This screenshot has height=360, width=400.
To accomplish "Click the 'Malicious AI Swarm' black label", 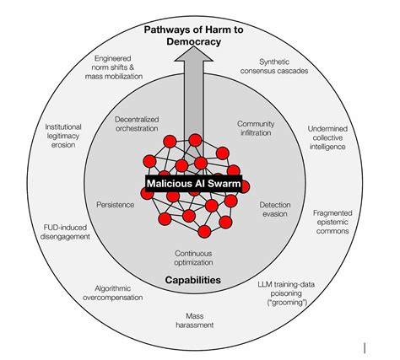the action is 193,184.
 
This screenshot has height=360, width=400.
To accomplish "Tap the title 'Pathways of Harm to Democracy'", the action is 193,35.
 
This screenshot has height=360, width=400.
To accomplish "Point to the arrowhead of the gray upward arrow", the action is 193,54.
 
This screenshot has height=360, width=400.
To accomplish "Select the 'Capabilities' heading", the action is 193,280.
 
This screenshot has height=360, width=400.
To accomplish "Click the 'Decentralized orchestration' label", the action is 137,124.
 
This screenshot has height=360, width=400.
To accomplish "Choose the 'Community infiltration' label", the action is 256,128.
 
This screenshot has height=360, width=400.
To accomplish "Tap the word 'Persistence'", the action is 116,205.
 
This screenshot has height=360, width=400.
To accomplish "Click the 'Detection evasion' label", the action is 275,209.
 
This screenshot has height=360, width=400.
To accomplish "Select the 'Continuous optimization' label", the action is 193,258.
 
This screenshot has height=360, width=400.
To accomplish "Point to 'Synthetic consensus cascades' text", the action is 274,66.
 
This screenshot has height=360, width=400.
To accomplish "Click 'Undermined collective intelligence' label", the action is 327,137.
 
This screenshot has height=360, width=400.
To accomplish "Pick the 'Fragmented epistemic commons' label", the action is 332,222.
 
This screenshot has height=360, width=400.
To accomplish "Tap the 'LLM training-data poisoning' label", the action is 286,293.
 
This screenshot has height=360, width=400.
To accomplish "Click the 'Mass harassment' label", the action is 195,320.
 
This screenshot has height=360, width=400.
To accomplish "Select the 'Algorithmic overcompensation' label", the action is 113,293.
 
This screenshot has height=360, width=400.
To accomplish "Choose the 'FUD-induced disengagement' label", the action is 65,232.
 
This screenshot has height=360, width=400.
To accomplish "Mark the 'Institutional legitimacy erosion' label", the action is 63,136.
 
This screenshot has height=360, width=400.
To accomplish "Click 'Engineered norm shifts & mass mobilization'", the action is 114,67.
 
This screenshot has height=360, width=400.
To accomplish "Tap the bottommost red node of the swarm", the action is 204,232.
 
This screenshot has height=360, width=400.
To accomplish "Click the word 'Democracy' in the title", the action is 193,41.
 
